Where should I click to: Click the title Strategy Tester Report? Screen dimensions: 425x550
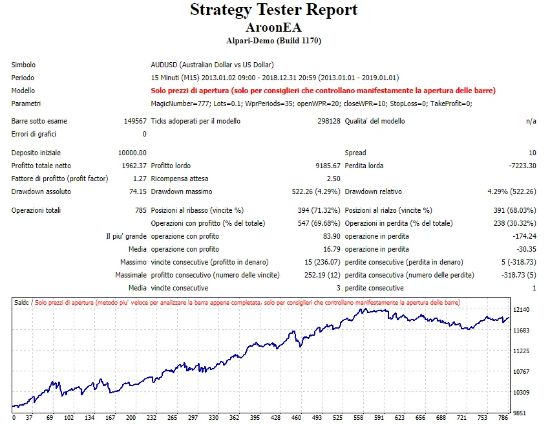(273, 10)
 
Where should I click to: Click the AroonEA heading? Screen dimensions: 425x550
(273, 28)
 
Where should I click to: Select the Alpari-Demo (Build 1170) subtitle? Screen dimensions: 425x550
(273, 41)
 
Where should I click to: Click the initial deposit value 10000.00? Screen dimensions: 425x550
(132, 153)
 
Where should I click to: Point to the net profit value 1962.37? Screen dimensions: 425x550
(133, 166)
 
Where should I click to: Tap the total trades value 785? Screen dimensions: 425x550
(140, 210)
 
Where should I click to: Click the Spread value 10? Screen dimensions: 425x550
(532, 153)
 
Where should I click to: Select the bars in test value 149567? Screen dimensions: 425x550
(135, 121)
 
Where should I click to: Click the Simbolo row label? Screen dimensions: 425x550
(23, 65)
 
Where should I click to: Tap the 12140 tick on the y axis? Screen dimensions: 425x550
(520, 310)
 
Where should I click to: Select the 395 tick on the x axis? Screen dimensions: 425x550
(255, 418)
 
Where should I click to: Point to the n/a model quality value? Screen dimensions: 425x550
(531, 121)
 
